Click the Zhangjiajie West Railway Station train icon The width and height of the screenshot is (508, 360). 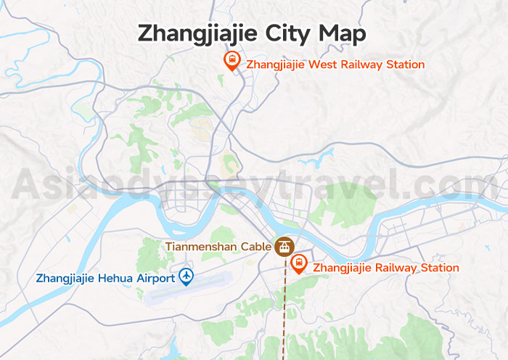232,60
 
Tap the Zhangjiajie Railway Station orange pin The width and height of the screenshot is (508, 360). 298,263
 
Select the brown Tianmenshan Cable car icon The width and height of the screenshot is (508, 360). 283,246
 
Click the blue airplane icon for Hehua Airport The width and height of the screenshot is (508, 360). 187,277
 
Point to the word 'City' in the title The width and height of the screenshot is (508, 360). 288,33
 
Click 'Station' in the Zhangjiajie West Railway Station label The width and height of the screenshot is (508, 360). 403,65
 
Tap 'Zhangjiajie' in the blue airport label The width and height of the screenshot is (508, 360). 67,278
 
